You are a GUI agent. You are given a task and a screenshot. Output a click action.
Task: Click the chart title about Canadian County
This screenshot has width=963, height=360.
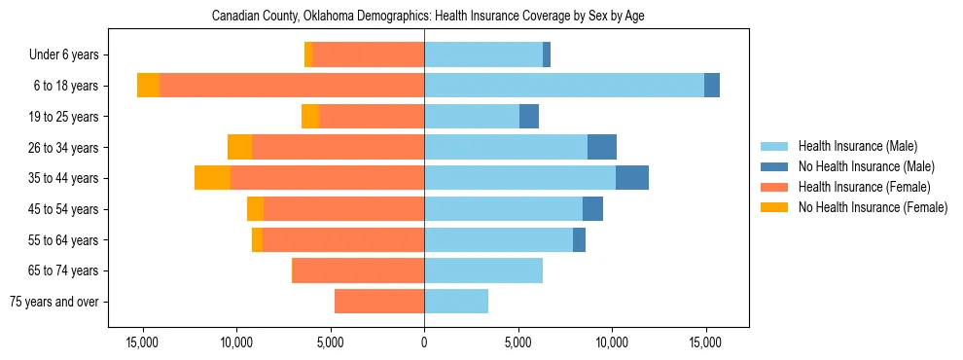click(x=428, y=16)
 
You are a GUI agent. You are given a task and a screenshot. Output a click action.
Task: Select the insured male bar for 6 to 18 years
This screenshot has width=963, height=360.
click(x=564, y=86)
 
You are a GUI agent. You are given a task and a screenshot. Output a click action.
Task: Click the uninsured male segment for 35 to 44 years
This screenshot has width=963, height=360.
click(x=632, y=178)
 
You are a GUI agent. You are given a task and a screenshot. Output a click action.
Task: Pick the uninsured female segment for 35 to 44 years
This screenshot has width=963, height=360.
click(x=212, y=178)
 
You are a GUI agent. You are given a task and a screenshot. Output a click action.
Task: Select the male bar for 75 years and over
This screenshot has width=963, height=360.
click(x=456, y=302)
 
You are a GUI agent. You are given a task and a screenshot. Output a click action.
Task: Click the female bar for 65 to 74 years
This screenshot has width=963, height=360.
click(x=358, y=270)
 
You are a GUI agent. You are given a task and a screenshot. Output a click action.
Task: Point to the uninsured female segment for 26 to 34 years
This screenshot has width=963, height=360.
click(x=239, y=147)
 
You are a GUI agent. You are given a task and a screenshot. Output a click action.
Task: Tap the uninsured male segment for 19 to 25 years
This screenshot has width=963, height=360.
click(x=529, y=117)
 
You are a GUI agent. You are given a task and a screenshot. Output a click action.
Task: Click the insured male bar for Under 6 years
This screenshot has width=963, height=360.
click(x=483, y=54)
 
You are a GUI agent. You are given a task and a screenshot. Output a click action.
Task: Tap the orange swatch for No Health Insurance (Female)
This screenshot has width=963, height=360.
click(x=775, y=207)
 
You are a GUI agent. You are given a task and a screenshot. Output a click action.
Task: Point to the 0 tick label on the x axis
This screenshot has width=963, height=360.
click(x=424, y=342)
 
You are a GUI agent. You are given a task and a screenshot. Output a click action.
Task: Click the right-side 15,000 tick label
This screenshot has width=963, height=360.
click(x=705, y=342)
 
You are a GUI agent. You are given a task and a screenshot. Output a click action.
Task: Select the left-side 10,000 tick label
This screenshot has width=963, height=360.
click(x=236, y=342)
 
